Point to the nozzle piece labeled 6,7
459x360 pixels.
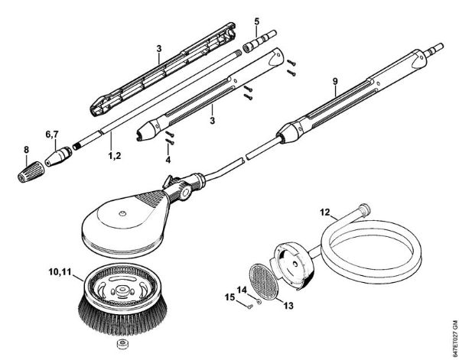[58, 156]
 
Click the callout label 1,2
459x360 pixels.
[112, 155]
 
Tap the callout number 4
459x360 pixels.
[168, 161]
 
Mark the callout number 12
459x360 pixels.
[324, 211]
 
